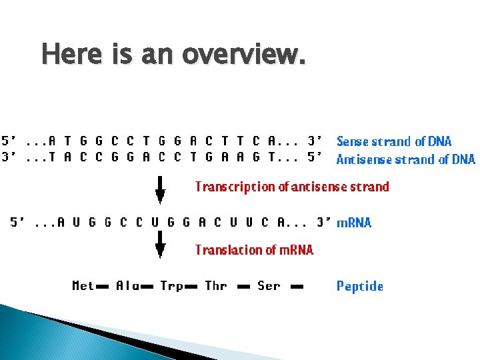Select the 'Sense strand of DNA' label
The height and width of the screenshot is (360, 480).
[394, 141]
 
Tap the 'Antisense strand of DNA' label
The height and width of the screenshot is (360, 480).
[405, 159]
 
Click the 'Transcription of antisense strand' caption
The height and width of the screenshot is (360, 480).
[292, 187]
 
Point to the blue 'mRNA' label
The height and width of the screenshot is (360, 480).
[354, 223]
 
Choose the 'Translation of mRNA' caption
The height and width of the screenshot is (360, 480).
[254, 250]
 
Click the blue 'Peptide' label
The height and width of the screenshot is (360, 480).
[360, 287]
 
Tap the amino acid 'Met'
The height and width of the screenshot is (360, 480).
[83, 286]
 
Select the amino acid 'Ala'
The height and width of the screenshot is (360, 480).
[127, 286]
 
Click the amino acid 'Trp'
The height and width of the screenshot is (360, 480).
[171, 286]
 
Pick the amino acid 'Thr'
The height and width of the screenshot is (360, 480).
[216, 286]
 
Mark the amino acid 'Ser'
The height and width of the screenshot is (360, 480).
[269, 286]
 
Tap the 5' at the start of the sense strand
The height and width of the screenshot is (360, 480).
[9, 141]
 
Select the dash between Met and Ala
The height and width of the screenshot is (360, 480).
[103, 287]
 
